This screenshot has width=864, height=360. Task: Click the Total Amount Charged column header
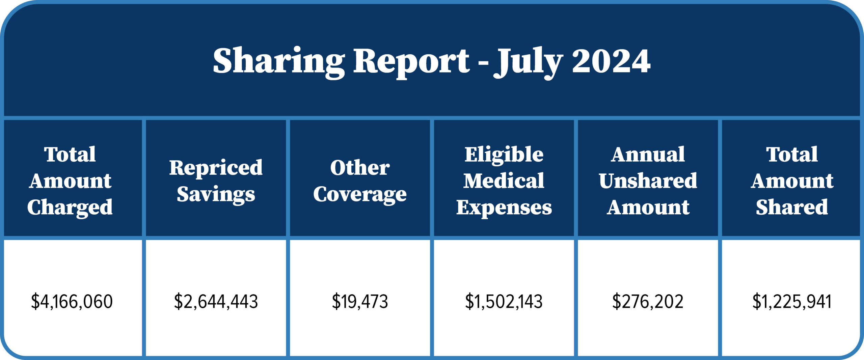coord(70,181)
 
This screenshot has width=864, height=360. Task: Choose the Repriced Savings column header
coord(216,181)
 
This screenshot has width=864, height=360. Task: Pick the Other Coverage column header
coord(360,181)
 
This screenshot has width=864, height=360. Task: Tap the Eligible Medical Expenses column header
coord(504,181)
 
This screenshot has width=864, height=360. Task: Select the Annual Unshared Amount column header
coord(648,181)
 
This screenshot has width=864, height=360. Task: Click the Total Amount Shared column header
coord(792,181)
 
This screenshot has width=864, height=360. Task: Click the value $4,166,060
coord(72,301)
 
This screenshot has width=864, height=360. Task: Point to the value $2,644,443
coord(216,301)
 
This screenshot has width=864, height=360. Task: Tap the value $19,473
coord(360,301)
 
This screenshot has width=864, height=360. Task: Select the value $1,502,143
coord(504,301)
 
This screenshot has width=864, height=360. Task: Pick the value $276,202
coord(648,301)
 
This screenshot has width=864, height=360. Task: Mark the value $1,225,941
coord(792,301)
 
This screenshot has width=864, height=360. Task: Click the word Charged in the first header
coord(70,207)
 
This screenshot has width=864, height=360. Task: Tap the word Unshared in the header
coord(648,181)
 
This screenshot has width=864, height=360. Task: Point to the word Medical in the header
coord(504,181)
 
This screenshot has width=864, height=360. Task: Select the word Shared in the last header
coord(792,207)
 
